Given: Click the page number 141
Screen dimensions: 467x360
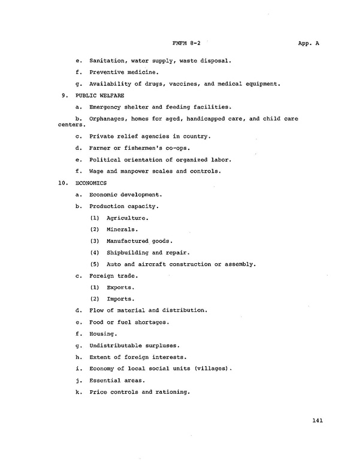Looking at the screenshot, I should (x=317, y=420).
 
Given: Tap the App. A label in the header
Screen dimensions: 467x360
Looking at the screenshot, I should (x=308, y=43).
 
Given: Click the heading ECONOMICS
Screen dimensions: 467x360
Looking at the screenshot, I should (x=91, y=183).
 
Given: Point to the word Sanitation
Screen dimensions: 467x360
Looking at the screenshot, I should (x=107, y=61).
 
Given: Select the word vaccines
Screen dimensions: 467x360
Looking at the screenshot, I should (x=199, y=83).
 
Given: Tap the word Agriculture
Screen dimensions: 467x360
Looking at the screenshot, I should (x=127, y=218).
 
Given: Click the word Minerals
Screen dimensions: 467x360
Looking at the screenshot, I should (x=122, y=229).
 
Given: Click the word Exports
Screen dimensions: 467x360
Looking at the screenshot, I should (x=120, y=287).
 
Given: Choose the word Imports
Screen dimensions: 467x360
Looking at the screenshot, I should (x=120, y=299).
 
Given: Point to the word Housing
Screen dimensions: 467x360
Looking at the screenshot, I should (x=103, y=333).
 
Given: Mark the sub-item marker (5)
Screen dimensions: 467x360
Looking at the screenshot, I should (x=95, y=264).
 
